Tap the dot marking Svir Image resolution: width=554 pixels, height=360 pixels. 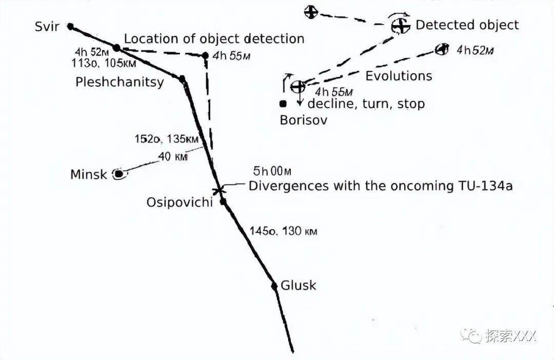(x=71, y=26)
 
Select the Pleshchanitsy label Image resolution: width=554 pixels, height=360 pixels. (x=120, y=82)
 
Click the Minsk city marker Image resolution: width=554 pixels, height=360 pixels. (x=119, y=174)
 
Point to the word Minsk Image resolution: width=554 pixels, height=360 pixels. (x=89, y=174)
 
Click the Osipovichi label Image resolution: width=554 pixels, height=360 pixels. (x=180, y=202)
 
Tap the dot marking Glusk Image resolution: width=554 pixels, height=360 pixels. (x=274, y=286)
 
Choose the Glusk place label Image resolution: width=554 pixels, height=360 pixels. (x=299, y=286)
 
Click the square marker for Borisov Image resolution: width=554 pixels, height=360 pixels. (x=283, y=104)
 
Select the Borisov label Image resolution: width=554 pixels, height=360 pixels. (x=304, y=121)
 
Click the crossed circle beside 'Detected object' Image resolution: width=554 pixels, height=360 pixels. (x=400, y=25)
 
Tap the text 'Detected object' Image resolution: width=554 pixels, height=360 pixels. (x=467, y=25)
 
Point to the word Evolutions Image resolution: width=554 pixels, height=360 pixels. (x=399, y=76)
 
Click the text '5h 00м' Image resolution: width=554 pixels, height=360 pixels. (x=272, y=171)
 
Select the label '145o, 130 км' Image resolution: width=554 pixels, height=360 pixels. (x=283, y=231)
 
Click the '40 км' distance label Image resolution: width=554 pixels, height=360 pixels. (x=173, y=157)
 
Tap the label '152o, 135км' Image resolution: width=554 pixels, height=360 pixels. (x=167, y=138)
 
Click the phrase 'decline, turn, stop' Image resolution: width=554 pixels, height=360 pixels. (x=366, y=104)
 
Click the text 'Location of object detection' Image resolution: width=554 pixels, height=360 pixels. (x=214, y=38)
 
